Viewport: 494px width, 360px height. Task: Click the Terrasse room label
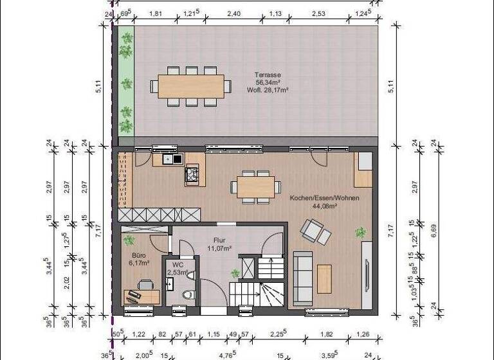point(268,75)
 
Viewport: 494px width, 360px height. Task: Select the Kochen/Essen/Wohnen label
point(324,197)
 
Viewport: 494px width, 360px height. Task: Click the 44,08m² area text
point(324,206)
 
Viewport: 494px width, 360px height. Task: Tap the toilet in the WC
point(188,296)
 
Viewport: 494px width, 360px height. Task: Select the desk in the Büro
point(141,296)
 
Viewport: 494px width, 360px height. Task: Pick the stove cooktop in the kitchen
point(192,173)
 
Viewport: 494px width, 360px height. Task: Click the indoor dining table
point(255,187)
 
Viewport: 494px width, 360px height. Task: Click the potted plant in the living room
point(360,232)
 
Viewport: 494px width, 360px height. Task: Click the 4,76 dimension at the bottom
point(225,354)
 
